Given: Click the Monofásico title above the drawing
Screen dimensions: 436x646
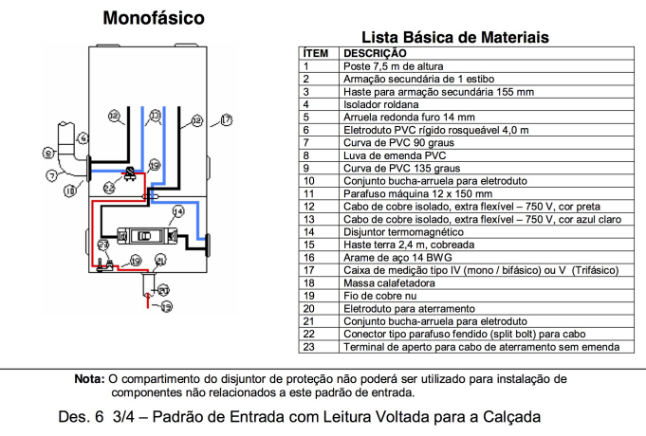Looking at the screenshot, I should [153, 18].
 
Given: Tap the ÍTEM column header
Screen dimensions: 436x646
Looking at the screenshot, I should [315, 54].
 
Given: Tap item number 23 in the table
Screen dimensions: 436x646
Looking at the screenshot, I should [308, 347].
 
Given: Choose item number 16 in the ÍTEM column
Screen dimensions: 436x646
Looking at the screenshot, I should [308, 257].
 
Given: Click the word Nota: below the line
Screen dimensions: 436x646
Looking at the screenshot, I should [90, 378].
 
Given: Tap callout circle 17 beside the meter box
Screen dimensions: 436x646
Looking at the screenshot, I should [225, 119].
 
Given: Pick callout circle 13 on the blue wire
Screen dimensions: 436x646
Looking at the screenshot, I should [154, 118].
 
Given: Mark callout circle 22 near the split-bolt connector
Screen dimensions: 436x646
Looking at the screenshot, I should [108, 189].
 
